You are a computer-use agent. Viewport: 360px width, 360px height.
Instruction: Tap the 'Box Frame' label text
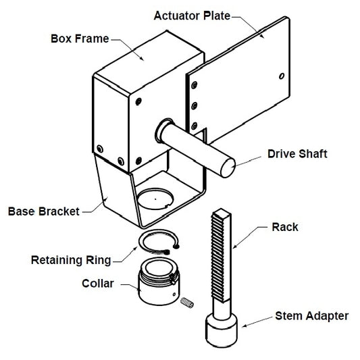click(79, 38)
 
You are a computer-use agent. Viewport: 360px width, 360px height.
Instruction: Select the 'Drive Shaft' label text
click(297, 154)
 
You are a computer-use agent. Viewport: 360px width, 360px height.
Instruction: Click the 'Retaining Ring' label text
click(71, 259)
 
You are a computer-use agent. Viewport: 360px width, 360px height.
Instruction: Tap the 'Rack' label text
click(284, 227)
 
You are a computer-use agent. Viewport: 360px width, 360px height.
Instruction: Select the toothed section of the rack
click(222, 257)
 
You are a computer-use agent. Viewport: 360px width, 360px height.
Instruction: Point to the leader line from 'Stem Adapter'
click(257, 322)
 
